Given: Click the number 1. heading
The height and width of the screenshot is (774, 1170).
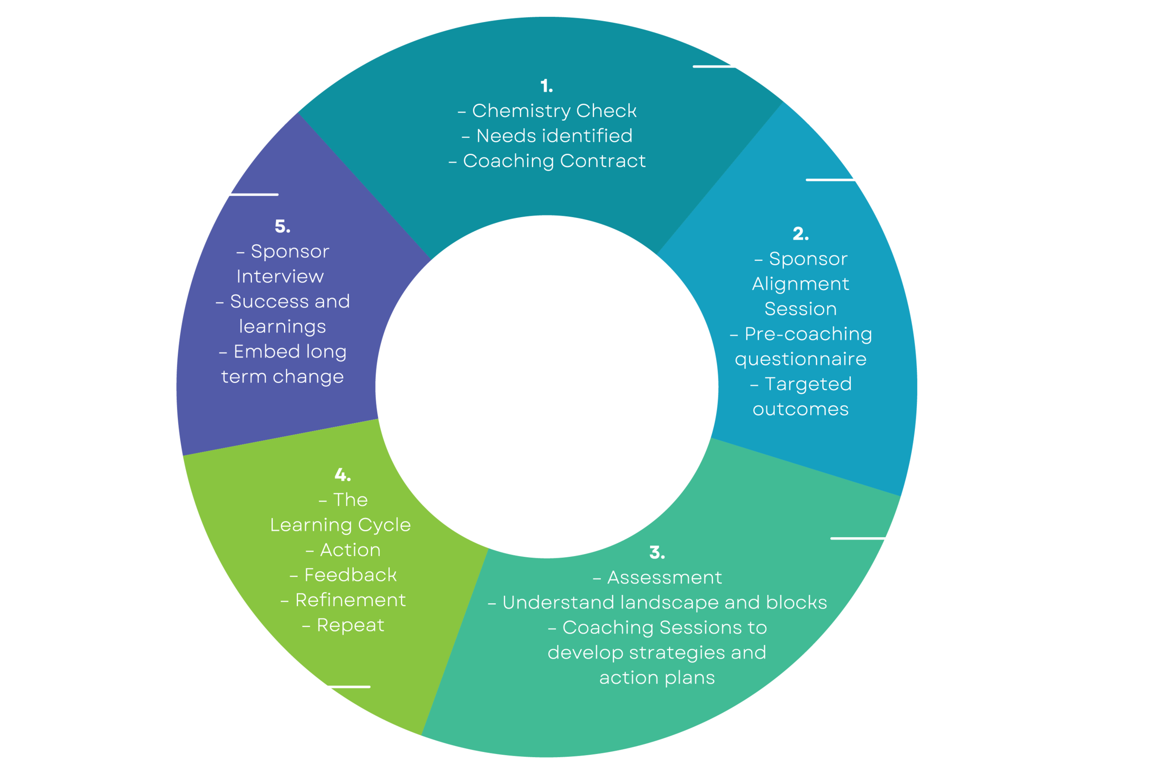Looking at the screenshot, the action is point(546,86).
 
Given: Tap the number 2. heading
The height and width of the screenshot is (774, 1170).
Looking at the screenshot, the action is point(800,234).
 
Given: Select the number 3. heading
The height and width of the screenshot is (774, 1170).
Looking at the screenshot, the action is point(657,552).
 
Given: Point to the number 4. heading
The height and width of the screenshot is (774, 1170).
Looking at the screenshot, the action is point(343,475).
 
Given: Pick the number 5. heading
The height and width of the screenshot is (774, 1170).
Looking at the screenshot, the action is point(282,226).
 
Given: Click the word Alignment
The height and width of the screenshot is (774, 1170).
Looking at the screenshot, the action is point(800,285).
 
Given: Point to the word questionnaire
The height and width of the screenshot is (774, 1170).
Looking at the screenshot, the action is point(800,359).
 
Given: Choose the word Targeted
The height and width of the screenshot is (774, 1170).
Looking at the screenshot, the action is point(808,384).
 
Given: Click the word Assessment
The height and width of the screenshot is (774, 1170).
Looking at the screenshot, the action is point(665,577).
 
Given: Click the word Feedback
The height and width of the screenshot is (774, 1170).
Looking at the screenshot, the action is point(350,575).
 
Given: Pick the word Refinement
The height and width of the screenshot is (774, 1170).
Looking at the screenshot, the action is point(350,600).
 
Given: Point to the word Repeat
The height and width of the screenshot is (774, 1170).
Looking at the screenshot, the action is point(350,625).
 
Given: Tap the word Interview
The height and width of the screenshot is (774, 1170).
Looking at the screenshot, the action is point(280,277).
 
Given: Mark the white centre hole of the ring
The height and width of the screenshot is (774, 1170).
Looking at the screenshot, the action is point(547,387).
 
